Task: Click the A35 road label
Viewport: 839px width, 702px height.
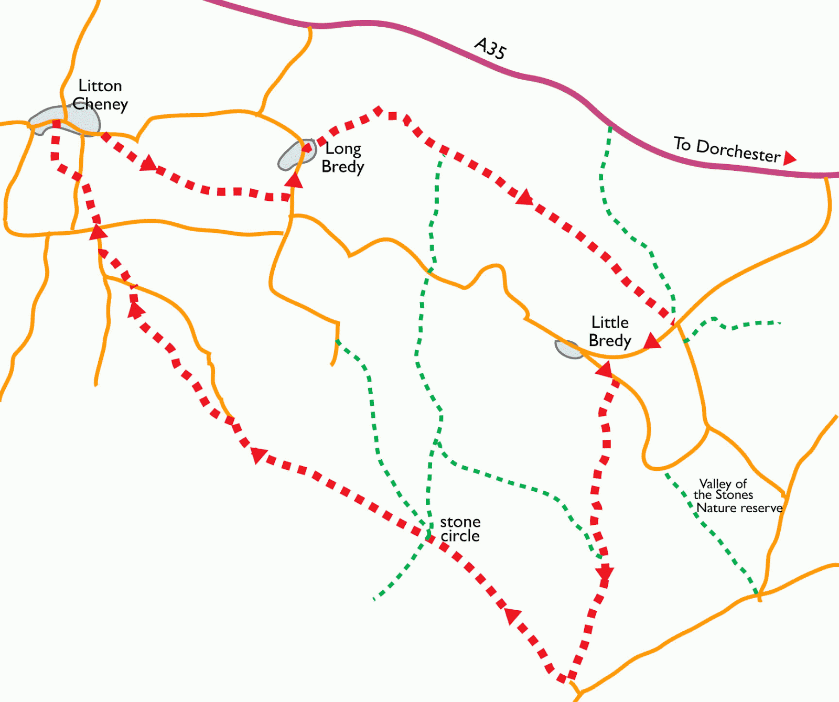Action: pyautogui.click(x=490, y=48)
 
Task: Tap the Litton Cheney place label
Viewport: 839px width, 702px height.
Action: pyautogui.click(x=100, y=95)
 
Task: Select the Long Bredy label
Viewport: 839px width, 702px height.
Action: pyautogui.click(x=343, y=157)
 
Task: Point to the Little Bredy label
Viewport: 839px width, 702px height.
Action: pyautogui.click(x=610, y=331)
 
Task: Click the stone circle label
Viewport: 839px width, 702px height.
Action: pyautogui.click(x=460, y=528)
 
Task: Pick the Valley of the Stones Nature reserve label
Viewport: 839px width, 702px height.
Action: pyautogui.click(x=737, y=496)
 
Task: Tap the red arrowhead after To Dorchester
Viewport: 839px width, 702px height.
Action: pyautogui.click(x=789, y=158)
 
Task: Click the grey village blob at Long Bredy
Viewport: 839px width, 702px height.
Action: pyautogui.click(x=296, y=155)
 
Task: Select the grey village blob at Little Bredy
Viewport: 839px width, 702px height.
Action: pyautogui.click(x=568, y=349)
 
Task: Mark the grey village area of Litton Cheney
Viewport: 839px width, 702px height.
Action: pyautogui.click(x=66, y=120)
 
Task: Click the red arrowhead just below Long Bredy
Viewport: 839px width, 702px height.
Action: pyautogui.click(x=294, y=180)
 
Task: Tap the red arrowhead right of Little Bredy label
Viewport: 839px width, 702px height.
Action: pyautogui.click(x=652, y=341)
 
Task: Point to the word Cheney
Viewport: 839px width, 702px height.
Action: pyautogui.click(x=100, y=104)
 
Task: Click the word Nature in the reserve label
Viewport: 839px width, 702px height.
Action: pyautogui.click(x=716, y=508)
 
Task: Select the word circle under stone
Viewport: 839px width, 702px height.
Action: pyautogui.click(x=460, y=536)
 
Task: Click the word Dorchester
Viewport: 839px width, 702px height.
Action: pyautogui.click(x=738, y=152)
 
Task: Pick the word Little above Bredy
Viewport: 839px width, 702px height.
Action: pyautogui.click(x=610, y=322)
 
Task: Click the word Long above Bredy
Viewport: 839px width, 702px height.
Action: pyautogui.click(x=343, y=148)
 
